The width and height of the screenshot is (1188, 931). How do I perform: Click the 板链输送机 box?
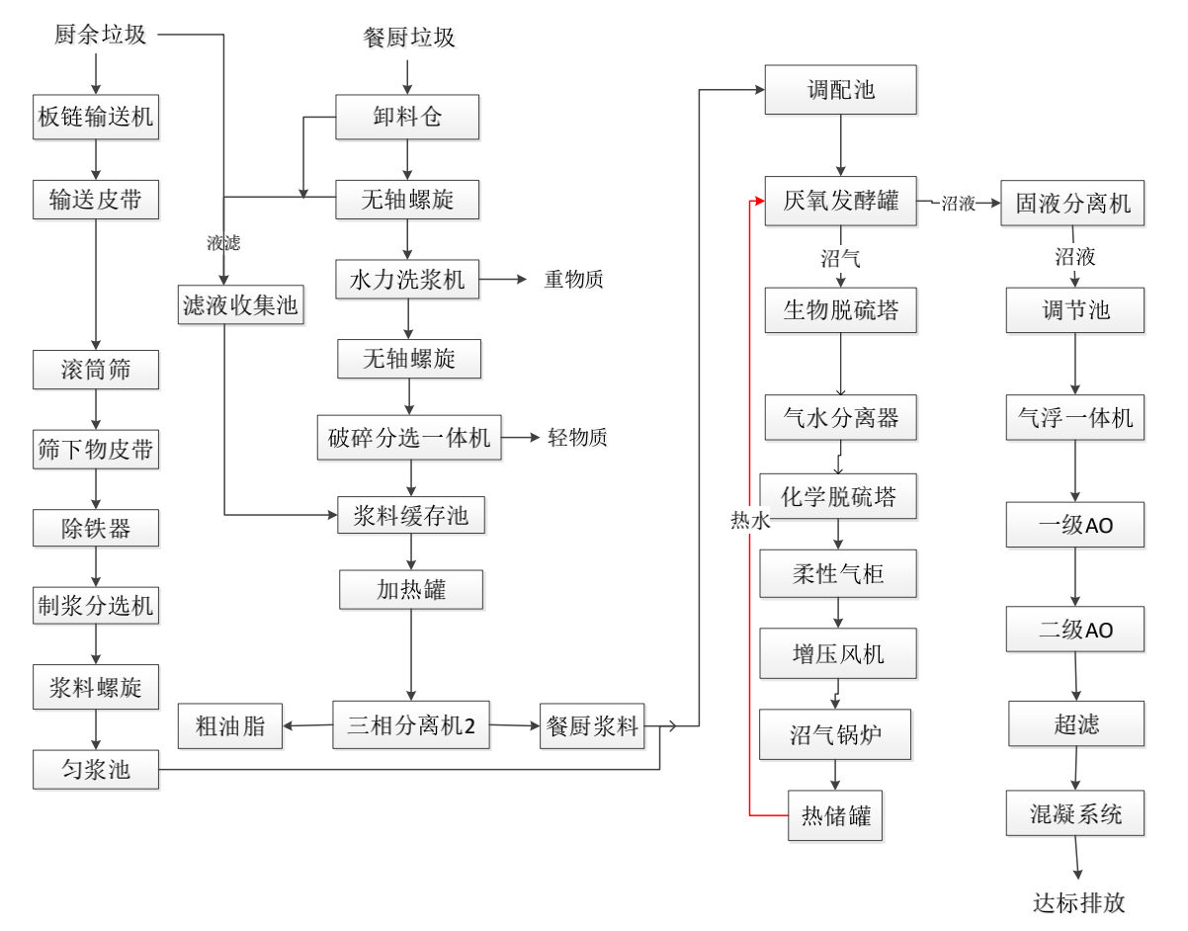click(95, 119)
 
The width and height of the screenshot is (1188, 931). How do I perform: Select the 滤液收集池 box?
click(241, 306)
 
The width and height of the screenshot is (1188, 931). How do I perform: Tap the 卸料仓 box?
click(407, 119)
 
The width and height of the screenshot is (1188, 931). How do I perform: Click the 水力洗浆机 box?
click(407, 280)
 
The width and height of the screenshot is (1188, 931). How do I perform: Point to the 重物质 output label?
click(573, 280)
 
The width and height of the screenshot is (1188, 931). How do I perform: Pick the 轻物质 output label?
click(577, 438)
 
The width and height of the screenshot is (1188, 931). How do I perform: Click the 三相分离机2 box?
click(411, 725)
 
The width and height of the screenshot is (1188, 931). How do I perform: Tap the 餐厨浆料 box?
click(592, 726)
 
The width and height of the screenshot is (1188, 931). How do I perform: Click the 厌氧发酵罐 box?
click(840, 202)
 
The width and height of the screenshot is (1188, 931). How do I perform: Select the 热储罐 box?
click(836, 817)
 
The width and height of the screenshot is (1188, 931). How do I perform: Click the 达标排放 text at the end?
click(1078, 901)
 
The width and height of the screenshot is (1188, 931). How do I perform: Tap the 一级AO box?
click(1076, 525)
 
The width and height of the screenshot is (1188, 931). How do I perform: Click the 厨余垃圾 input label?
click(99, 35)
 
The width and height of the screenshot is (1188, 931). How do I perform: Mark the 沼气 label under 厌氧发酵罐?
click(840, 260)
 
